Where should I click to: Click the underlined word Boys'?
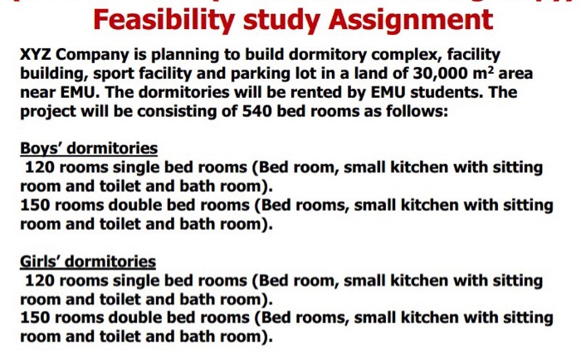[x=46, y=149]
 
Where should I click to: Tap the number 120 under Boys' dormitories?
[x=40, y=168]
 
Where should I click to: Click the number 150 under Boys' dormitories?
[x=35, y=205]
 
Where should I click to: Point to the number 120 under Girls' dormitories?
[x=40, y=281]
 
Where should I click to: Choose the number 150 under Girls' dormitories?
[x=35, y=319]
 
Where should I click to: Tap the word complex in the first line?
[x=398, y=56]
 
